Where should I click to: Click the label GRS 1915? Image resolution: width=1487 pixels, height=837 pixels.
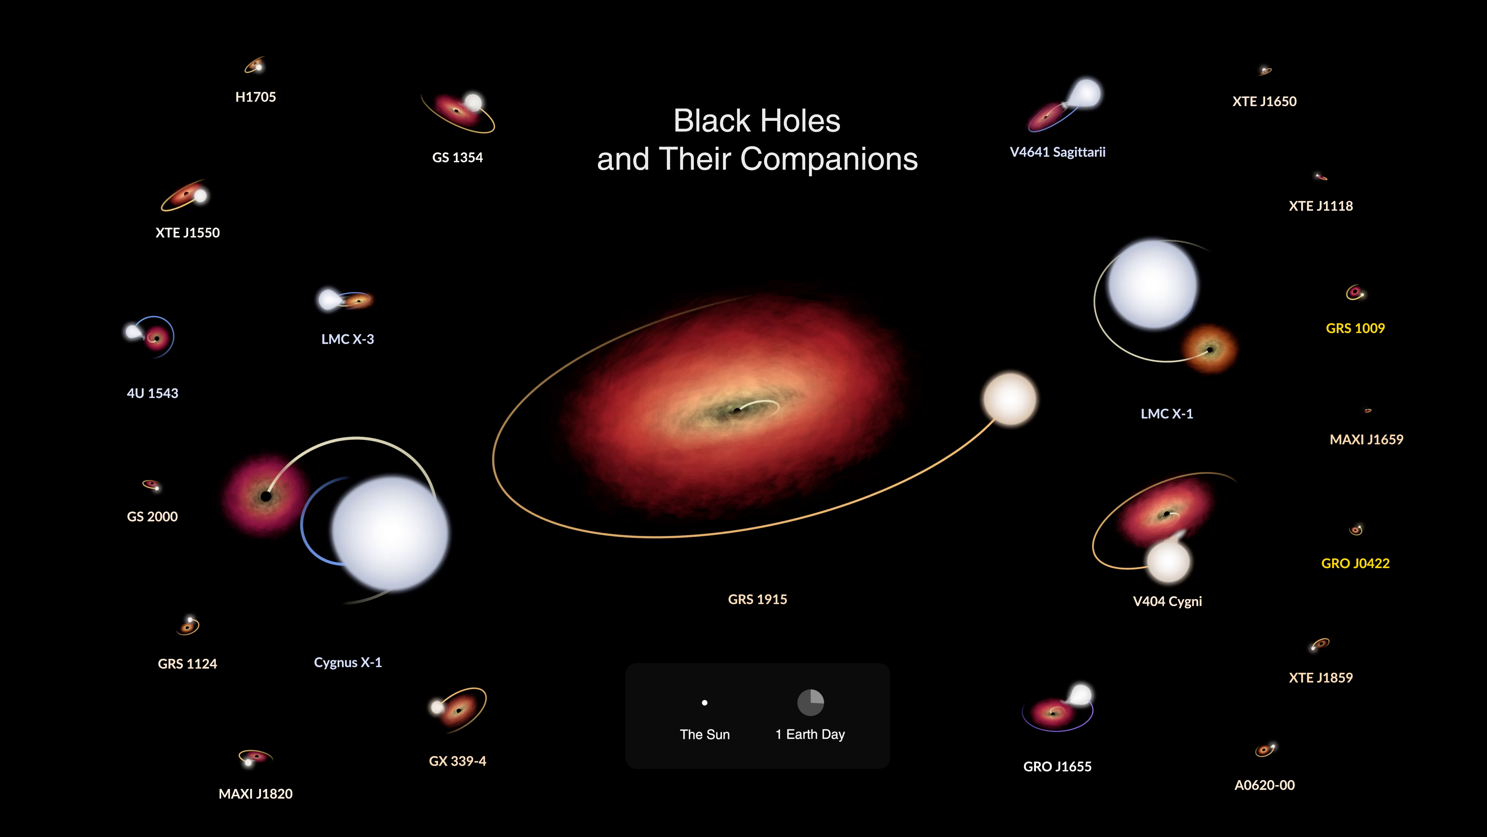coord(757,599)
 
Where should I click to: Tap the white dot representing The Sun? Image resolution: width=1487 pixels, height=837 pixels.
coord(704,703)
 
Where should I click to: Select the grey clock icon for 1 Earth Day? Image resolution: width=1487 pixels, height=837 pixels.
coord(810,703)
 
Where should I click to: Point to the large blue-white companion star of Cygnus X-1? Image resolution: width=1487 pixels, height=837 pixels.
coord(390,532)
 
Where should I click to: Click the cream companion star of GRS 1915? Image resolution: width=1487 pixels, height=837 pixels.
coord(1010,399)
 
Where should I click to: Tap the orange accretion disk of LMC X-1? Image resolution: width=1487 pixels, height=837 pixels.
coord(1209,350)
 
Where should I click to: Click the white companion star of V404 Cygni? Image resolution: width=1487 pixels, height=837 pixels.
coord(1168,561)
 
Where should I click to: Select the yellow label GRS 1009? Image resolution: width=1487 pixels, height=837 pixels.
coord(1355,329)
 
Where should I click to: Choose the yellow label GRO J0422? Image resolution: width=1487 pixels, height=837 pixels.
coord(1355,563)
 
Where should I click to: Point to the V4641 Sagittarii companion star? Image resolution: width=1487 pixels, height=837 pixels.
coord(1085,93)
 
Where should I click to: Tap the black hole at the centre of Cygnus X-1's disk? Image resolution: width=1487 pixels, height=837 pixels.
coord(266,496)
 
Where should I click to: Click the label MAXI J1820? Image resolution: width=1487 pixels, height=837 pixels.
coord(255,794)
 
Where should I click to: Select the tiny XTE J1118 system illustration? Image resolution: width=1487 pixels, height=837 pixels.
coord(1321,176)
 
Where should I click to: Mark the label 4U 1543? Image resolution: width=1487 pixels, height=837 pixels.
coord(153,393)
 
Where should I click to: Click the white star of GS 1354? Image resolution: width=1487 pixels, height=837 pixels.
coord(473,102)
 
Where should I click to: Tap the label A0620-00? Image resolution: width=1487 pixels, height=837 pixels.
coord(1264,785)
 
